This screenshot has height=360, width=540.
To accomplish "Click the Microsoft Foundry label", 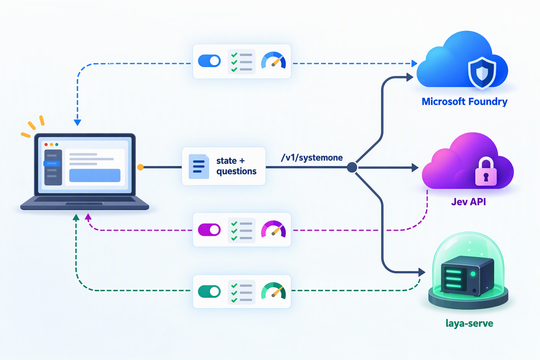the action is coord(464,102).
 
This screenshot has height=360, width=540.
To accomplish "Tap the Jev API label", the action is coord(468,202).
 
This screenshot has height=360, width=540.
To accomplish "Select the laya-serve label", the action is coord(469,323).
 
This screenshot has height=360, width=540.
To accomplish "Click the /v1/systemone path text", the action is coord(312,158).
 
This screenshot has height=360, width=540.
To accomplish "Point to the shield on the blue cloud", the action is coord(482,72).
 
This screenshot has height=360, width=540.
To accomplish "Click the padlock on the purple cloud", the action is coord(486,172).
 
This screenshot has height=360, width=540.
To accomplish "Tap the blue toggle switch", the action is coord(209,61).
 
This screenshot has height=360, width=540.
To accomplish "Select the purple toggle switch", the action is coord(209,230).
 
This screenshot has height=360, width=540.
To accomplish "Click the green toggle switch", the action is coord(209,291).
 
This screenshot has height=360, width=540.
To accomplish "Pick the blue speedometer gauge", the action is coord(274,60).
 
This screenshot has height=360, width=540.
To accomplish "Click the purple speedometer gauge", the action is coord(274,229).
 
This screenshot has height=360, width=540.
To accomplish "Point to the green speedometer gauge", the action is coord(274,291).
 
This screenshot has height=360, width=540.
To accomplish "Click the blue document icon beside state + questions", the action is coord(199,166).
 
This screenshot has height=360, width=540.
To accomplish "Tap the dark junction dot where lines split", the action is coord(352,167).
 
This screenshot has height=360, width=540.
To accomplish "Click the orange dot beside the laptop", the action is coord(140,167).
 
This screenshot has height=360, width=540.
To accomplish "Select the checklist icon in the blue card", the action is coord(242,62).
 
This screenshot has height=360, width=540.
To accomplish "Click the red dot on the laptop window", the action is coord(46,144).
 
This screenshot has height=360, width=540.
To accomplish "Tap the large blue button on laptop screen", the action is coord(95,175).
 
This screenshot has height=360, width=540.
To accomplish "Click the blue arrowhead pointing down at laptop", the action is coord(77,122).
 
